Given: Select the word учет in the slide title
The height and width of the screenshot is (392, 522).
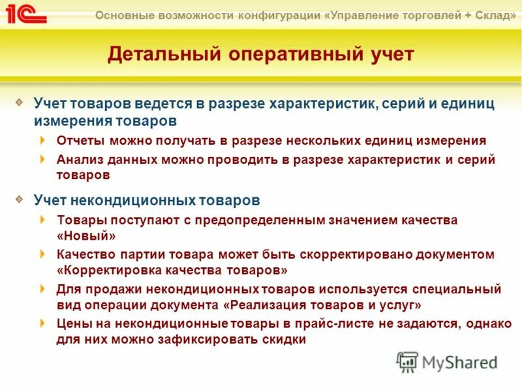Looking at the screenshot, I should [390, 54].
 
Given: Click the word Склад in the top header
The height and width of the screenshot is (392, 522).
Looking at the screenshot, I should [491, 15].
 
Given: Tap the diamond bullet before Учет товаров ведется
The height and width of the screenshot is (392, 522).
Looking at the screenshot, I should [20, 102].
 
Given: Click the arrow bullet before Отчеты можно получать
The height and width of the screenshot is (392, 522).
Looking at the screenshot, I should [43, 140].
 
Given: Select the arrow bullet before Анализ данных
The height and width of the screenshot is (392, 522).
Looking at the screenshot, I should [43, 159].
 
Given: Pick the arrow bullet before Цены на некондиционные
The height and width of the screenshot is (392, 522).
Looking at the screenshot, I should [43, 322].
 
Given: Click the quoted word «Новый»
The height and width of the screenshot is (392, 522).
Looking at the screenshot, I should [87, 236].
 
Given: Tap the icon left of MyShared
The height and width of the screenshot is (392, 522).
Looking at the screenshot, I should [407, 361].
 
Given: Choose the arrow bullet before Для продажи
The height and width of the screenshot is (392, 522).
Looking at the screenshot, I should [43, 288].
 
